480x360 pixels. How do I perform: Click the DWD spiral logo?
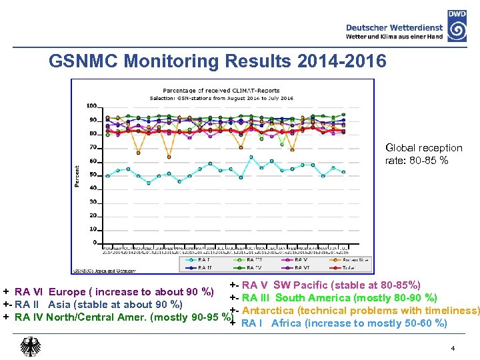coord(457,31)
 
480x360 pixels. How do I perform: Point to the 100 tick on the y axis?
coord(91,106)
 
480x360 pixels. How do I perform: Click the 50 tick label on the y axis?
coord(93,175)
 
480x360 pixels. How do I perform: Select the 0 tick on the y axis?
coord(95,243)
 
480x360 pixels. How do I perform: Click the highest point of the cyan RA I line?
coord(251,157)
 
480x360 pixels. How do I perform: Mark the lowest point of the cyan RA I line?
coord(148,183)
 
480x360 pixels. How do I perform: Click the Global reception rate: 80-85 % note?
coord(423,153)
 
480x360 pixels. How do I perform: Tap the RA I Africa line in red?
coord(343,323)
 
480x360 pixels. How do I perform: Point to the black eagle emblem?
coord(31,347)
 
